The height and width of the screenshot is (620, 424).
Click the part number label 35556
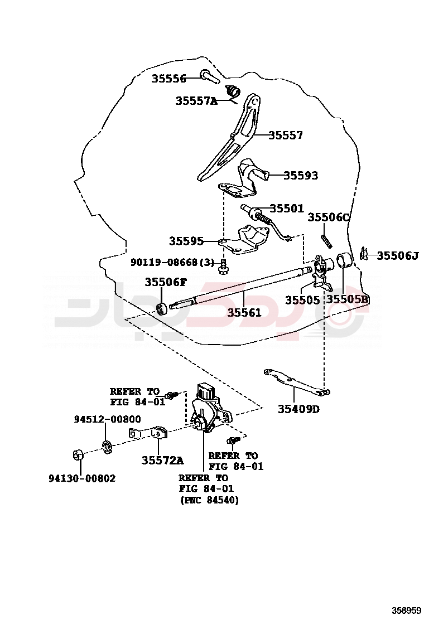coord(168,79)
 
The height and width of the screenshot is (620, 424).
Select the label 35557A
coord(196,101)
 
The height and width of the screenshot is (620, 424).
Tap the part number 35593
coord(300,176)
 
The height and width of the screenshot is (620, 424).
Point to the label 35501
coord(287,209)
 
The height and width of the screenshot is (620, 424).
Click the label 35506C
coord(329,217)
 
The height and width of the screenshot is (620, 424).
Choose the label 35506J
coord(397,256)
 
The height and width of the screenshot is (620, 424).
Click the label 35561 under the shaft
coord(244,313)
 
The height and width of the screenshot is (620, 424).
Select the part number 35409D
coord(298,409)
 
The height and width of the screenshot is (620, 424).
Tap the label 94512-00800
coord(108,419)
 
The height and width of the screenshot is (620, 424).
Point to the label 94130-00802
coord(82,478)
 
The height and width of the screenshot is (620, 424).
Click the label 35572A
coord(162,460)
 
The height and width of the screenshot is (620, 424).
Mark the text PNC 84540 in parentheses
coord(209,501)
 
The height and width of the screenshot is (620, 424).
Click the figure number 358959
coord(406,610)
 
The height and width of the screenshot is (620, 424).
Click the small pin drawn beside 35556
coord(210,76)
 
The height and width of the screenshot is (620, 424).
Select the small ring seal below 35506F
coord(162,308)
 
